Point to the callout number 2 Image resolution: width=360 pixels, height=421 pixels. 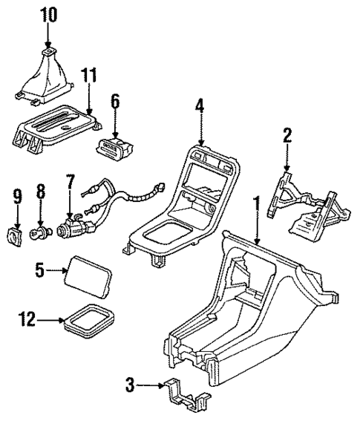[x=287, y=136]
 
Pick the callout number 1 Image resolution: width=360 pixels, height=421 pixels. [x=257, y=203]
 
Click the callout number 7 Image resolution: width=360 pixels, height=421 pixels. [x=71, y=180]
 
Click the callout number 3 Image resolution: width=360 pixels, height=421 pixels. [x=130, y=385]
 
